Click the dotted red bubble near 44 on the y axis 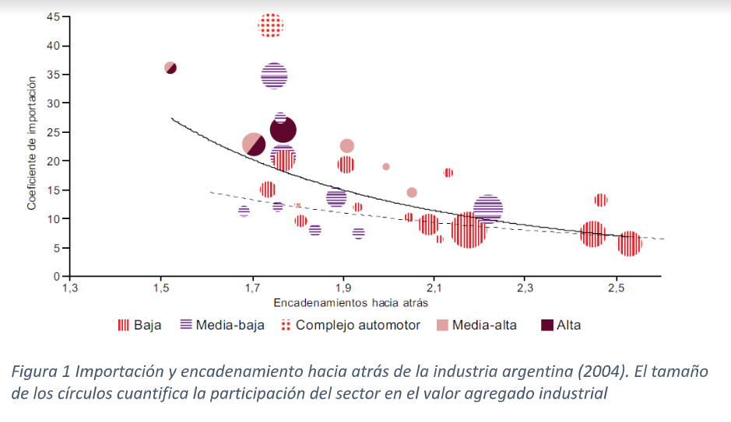click(270, 26)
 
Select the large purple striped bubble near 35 click(274, 75)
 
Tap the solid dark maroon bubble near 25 click(283, 131)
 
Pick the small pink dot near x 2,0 click(386, 166)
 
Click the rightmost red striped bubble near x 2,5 click(629, 243)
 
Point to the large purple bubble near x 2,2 click(488, 208)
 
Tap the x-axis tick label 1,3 click(70, 288)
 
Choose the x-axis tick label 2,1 click(434, 288)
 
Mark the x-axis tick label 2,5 click(617, 288)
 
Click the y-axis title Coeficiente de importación click(33, 142)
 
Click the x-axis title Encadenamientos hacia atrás click(350, 302)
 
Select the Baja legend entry click(140, 325)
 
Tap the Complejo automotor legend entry click(350, 325)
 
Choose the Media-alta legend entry click(475, 325)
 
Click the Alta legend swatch click(547, 325)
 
